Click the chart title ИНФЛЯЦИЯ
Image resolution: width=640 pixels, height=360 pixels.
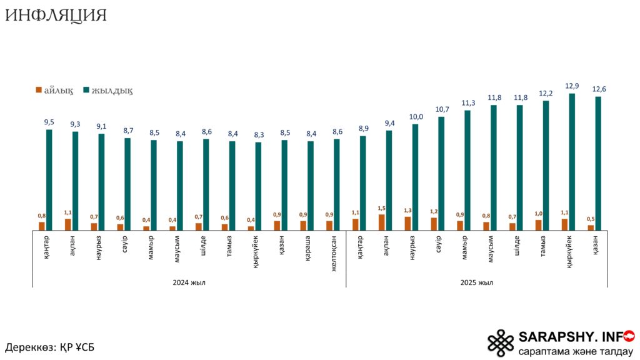pos(56,16)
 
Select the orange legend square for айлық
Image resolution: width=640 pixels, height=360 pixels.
pos(39,91)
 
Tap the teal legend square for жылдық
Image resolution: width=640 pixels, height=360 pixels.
pos(86,91)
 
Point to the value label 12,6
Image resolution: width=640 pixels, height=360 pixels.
pos(598,89)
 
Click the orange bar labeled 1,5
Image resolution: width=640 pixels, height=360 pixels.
pos(381,222)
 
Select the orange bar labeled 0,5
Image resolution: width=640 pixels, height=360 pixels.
pos(591,227)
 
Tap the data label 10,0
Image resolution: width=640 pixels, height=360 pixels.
pos(416,117)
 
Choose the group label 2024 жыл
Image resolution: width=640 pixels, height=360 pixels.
pos(189,282)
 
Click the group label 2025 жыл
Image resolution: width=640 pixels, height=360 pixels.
pos(477,282)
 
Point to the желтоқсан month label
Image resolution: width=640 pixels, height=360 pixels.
pos(335,252)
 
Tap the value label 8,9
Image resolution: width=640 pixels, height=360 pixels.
pos(363,129)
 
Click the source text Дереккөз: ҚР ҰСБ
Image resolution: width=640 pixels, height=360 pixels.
pos(50,347)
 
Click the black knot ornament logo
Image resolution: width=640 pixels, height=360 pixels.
pos(501,343)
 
